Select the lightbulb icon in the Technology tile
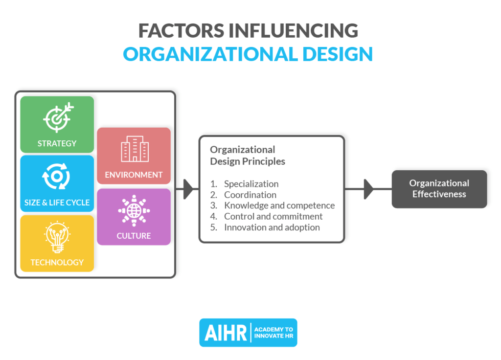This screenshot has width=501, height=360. (x=57, y=237)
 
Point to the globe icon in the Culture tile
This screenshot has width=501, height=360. (x=134, y=210)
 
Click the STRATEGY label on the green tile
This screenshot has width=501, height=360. (x=57, y=143)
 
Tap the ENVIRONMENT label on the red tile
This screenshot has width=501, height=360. (x=134, y=175)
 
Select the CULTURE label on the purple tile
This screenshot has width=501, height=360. (x=134, y=236)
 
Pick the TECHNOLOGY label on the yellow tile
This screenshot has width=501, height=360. (x=57, y=262)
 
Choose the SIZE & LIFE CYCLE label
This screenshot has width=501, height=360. (x=57, y=202)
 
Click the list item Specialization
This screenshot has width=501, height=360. (x=251, y=184)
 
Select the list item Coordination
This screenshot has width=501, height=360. (x=250, y=195)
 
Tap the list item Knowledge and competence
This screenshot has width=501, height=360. (x=279, y=205)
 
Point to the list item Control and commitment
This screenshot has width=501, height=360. (x=273, y=216)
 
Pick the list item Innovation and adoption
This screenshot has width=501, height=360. (x=272, y=227)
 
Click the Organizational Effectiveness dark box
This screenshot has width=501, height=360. (x=439, y=189)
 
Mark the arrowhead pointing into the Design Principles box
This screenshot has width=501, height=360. (x=188, y=189)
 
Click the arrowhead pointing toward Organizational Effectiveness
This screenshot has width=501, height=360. (x=368, y=189)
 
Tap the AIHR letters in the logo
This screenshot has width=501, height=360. (x=225, y=333)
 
